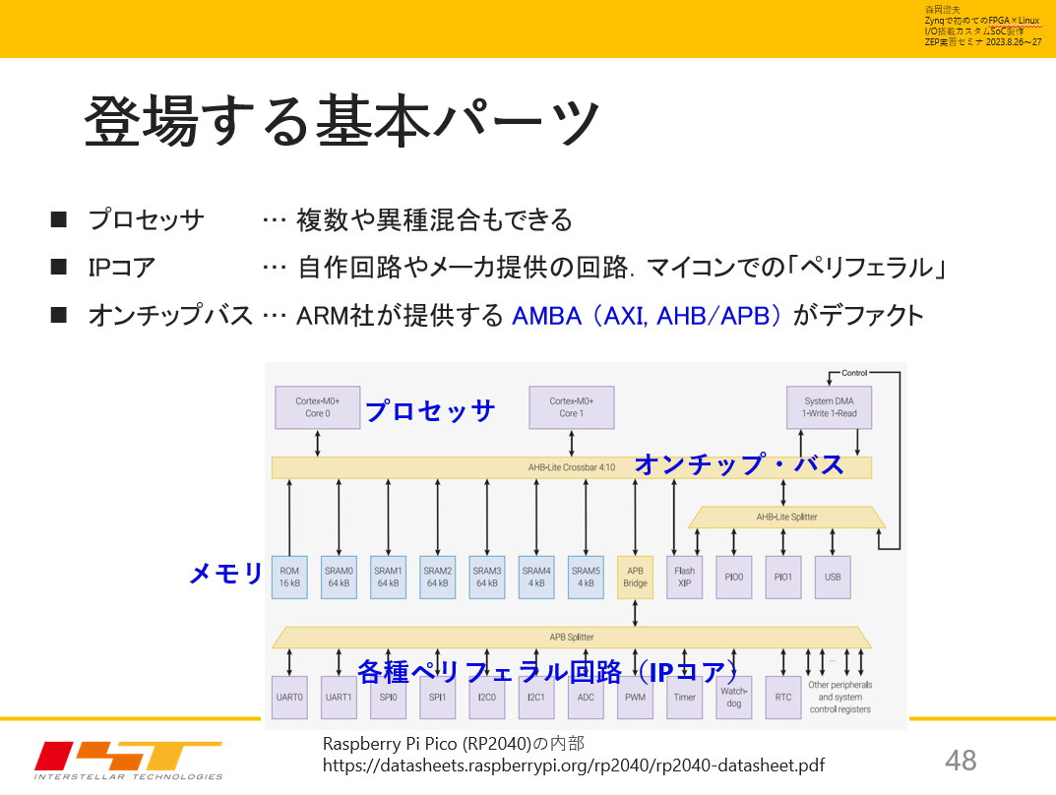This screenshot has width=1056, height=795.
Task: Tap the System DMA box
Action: coord(831,407)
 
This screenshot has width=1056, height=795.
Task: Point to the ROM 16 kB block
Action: coord(289,577)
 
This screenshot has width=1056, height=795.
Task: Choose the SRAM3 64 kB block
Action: coord(487,577)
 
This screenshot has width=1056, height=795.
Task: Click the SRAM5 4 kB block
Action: coord(586,577)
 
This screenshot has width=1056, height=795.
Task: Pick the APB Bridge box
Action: coord(635,577)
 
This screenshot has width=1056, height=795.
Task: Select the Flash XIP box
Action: coord(684,577)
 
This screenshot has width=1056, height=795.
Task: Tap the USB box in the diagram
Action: coord(833,577)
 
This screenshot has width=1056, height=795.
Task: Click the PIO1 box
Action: coord(783,577)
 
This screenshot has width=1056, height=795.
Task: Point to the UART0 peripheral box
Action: coord(289,697)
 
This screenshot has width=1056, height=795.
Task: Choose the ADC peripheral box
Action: coord(586,697)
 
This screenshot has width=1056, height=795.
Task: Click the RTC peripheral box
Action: coord(783,697)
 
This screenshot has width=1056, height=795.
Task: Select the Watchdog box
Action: coord(734,697)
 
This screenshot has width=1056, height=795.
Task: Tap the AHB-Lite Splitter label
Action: coord(786,517)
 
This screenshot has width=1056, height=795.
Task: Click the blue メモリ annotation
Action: coord(226,574)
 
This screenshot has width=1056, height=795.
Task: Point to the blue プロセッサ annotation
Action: coord(429,410)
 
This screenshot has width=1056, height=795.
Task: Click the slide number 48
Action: coord(961,760)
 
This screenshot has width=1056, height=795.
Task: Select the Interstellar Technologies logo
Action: coord(128,759)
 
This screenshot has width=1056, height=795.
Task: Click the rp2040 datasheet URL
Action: coord(574,765)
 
